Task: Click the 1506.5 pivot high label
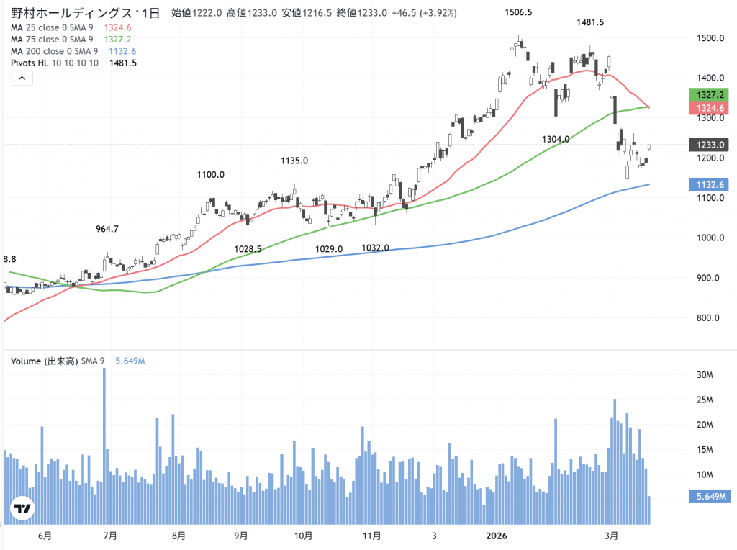pyautogui.click(x=518, y=12)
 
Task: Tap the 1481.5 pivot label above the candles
pyautogui.click(x=589, y=23)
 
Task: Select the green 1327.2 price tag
pyautogui.click(x=708, y=94)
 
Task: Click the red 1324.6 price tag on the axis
pyautogui.click(x=708, y=107)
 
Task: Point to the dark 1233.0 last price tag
pyautogui.click(x=708, y=145)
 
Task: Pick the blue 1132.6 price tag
pyautogui.click(x=708, y=184)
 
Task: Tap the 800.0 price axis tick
pyautogui.click(x=708, y=318)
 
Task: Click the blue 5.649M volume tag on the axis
pyautogui.click(x=708, y=496)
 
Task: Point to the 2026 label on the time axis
pyautogui.click(x=497, y=536)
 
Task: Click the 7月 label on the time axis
pyautogui.click(x=110, y=536)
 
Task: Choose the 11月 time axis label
pyautogui.click(x=371, y=536)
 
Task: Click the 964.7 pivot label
pyautogui.click(x=107, y=229)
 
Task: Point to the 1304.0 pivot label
pyautogui.click(x=555, y=139)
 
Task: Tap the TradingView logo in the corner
pyautogui.click(x=24, y=509)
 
